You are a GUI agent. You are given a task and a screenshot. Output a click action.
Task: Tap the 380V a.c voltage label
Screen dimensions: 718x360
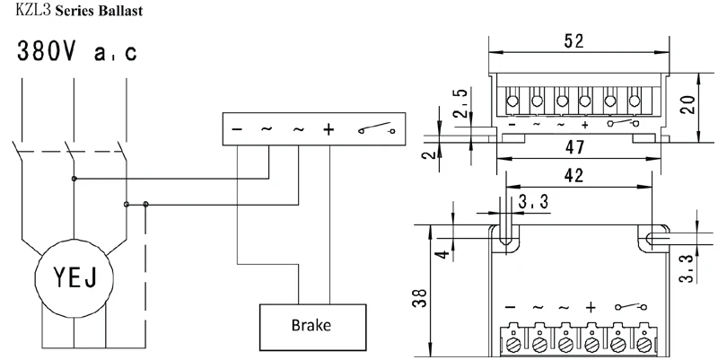[x=77, y=51]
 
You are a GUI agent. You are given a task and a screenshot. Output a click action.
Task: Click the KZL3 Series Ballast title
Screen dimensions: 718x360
[x=79, y=10]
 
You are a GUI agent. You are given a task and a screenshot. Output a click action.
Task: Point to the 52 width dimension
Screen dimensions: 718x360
[x=574, y=41]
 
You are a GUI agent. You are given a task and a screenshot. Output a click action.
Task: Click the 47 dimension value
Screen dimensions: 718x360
[x=574, y=147]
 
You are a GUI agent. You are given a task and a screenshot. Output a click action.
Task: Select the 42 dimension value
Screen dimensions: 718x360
[x=574, y=175]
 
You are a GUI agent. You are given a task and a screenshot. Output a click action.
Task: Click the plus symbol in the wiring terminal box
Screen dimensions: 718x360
[x=328, y=129]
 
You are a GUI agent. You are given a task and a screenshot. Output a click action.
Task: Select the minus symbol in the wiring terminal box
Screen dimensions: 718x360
[x=237, y=129]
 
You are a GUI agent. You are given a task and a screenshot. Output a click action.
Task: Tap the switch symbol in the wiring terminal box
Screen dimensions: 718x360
[x=376, y=128]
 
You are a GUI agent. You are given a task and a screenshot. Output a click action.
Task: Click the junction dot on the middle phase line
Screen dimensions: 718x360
[x=74, y=179]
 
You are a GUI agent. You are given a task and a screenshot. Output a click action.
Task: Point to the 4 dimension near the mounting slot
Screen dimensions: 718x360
[x=443, y=253]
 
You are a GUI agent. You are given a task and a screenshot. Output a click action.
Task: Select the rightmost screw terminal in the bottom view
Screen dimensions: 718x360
[x=644, y=345]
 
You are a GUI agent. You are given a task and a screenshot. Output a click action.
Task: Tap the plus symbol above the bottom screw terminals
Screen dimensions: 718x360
[x=591, y=307]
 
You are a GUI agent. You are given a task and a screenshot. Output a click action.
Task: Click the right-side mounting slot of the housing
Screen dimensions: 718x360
[x=654, y=238]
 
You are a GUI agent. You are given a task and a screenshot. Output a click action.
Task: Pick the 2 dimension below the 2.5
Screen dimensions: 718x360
[x=428, y=154]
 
